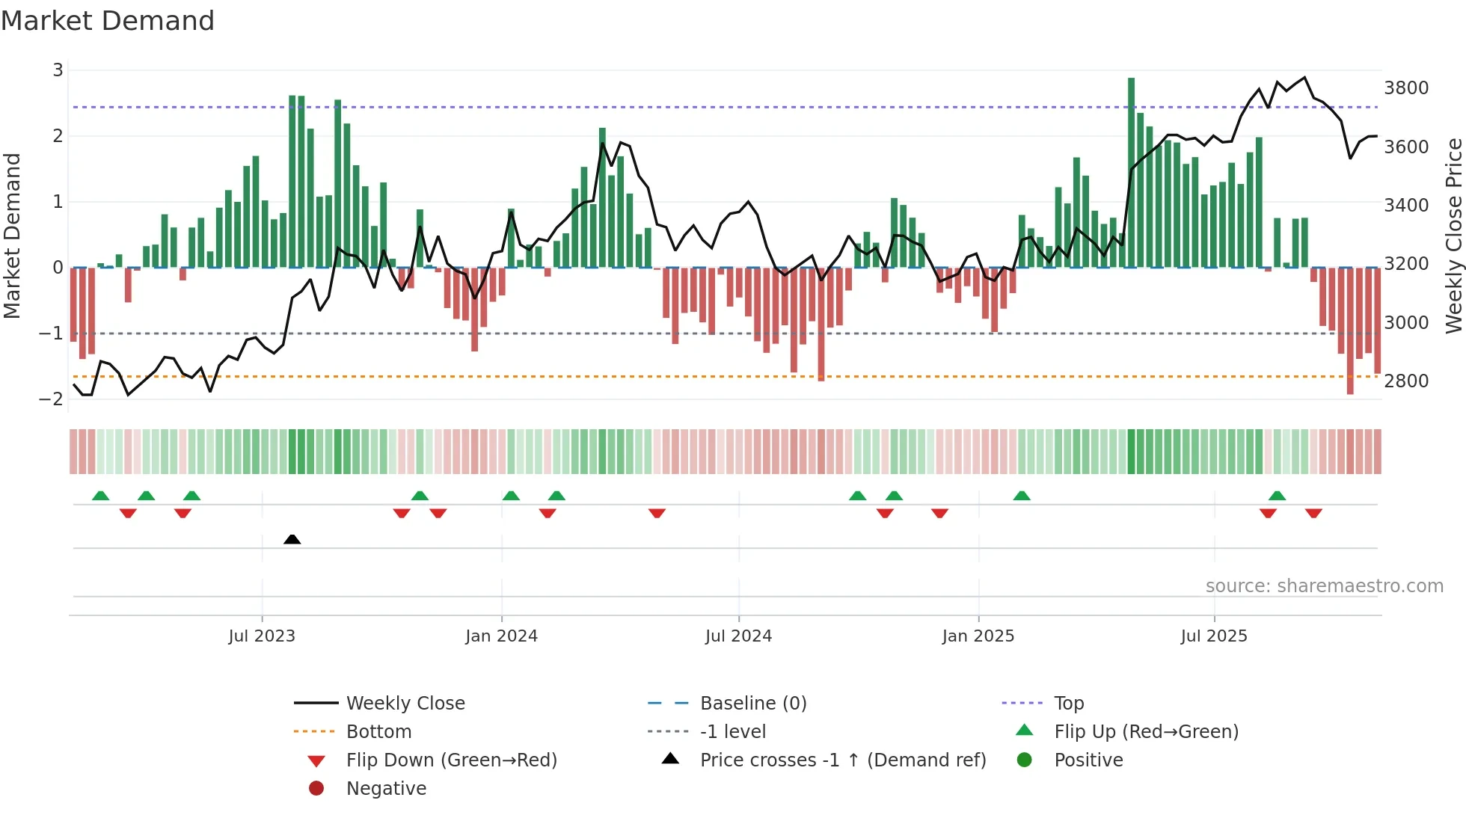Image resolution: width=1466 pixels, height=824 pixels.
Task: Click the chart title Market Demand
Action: pos(108,21)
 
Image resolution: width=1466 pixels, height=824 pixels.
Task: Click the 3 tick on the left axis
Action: pos(58,70)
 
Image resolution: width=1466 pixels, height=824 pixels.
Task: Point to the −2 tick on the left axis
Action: pos(52,399)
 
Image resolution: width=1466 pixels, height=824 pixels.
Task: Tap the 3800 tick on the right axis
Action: pos(1406,88)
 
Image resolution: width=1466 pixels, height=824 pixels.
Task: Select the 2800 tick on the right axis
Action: pos(1406,381)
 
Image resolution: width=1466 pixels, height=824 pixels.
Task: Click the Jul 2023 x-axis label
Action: pos(262,636)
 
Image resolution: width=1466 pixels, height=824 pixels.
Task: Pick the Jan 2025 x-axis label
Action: pos(978,636)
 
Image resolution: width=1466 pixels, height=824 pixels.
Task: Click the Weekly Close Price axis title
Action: pos(1453,236)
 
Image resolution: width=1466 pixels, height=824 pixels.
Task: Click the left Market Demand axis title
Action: pos(13,236)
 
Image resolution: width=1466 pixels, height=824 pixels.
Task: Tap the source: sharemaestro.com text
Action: pos(1324,586)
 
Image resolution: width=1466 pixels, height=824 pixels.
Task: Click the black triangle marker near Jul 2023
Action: pos(292,539)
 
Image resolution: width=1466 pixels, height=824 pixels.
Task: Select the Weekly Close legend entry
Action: pos(405,704)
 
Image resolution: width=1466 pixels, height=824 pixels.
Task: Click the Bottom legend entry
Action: pos(378,732)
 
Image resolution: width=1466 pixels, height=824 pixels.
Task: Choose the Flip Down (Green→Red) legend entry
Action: pos(451,760)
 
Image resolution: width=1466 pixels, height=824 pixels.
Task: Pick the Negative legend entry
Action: pos(386,789)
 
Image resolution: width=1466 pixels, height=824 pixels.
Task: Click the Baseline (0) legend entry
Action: pos(752,704)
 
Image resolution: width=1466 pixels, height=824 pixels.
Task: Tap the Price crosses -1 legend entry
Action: pos(842,760)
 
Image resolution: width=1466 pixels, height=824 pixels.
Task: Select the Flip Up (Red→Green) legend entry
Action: pos(1146,732)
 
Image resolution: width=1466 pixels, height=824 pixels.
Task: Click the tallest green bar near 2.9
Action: pos(1131,172)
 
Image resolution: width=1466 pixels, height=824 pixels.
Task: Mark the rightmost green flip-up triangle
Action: pos(1277,496)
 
